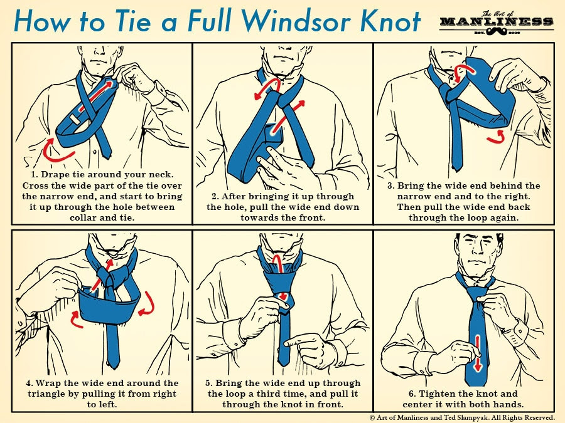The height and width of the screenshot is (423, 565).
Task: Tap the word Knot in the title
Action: tap(390, 21)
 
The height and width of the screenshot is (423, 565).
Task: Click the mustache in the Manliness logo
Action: tap(497, 32)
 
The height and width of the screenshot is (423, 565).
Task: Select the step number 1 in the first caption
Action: tap(34, 175)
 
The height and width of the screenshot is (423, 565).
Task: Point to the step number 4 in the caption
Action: tap(29, 383)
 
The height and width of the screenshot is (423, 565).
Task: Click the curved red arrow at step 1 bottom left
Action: tap(56, 151)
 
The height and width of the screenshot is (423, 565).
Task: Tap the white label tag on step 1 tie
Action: tap(73, 120)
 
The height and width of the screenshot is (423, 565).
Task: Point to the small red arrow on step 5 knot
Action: tap(283, 296)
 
